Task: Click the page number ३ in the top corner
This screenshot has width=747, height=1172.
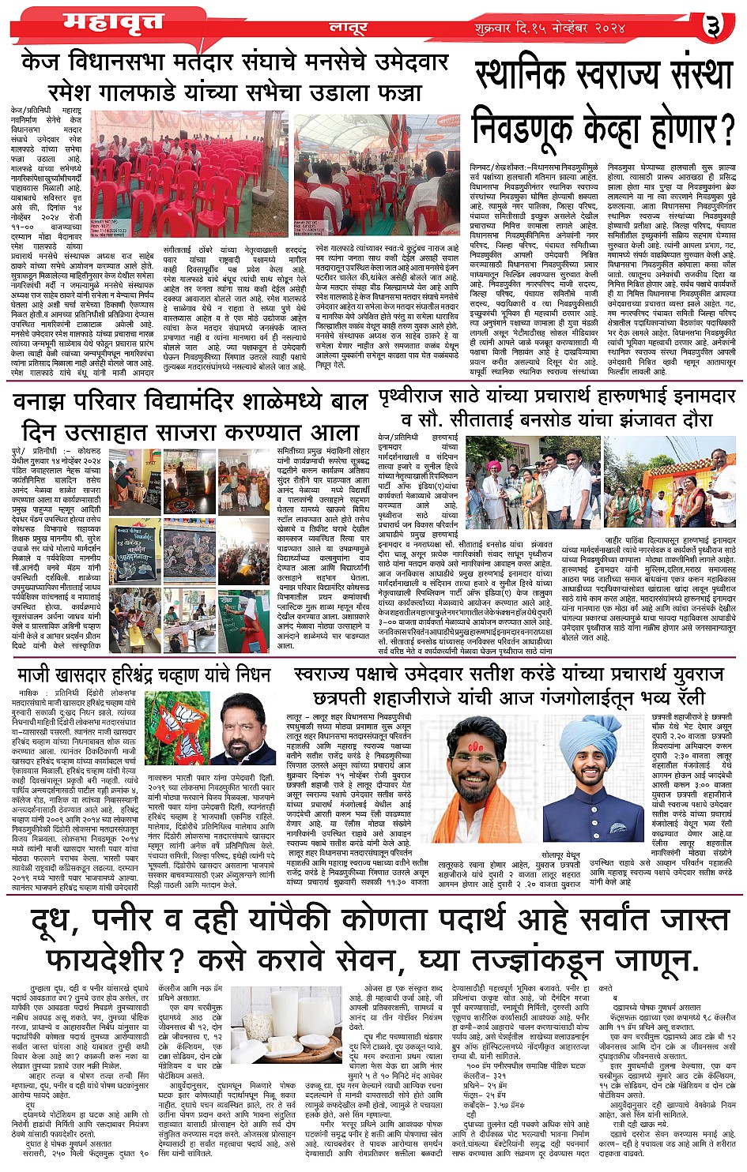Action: point(714,25)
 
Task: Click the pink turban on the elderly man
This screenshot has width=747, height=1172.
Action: point(495,466)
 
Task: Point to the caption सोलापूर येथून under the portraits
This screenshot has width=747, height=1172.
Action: point(560,855)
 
